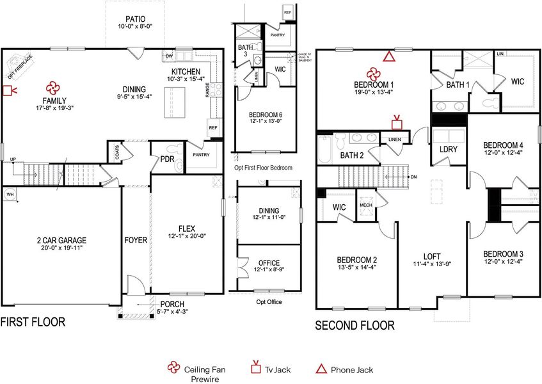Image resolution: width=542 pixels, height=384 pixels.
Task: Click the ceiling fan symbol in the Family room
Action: pyautogui.click(x=52, y=88)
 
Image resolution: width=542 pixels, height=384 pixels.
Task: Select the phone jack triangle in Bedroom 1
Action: pyautogui.click(x=388, y=57)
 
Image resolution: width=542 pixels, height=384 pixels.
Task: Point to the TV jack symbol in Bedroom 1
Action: pyautogui.click(x=397, y=122)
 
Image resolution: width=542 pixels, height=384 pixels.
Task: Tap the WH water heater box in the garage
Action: pyautogui.click(x=10, y=193)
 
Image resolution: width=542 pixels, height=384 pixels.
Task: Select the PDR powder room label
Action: pyautogui.click(x=168, y=159)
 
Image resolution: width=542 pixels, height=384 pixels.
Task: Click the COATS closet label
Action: pyautogui.click(x=115, y=152)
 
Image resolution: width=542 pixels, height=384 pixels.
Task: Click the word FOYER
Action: pyautogui.click(x=136, y=241)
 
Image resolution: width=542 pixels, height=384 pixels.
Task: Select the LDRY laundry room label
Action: pyautogui.click(x=448, y=150)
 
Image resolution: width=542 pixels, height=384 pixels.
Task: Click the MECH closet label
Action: pyautogui.click(x=366, y=205)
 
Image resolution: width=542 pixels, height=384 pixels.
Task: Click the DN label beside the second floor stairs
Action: pyautogui.click(x=414, y=177)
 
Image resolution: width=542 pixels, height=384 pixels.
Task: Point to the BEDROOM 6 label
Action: pyautogui.click(x=265, y=115)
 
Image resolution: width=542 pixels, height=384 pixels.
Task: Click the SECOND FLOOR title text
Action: pyautogui.click(x=355, y=326)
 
